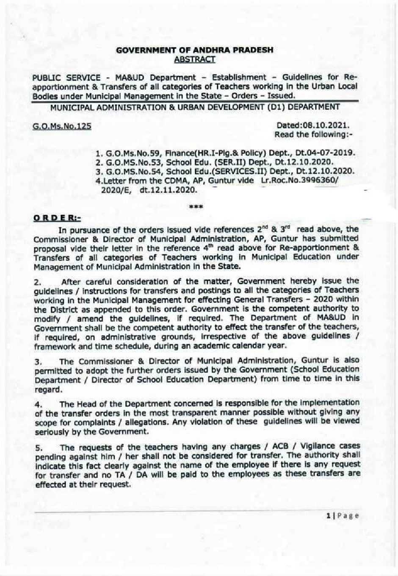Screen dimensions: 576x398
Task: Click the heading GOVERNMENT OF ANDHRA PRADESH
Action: [x=194, y=50]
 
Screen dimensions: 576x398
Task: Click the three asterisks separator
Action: [x=197, y=207]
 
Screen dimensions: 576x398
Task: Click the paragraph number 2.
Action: [x=36, y=281]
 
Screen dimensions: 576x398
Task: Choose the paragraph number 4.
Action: [x=36, y=403]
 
